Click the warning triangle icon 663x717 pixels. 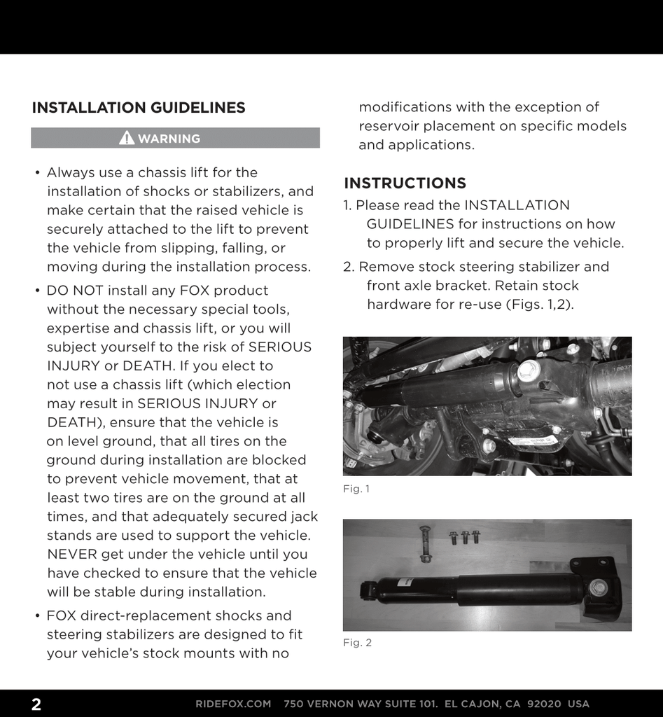127,138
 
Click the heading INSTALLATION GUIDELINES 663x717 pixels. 139,108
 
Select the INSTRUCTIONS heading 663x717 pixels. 405,183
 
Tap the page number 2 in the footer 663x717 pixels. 36,704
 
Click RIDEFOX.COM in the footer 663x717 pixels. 233,704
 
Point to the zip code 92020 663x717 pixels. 544,704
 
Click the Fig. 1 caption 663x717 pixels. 356,489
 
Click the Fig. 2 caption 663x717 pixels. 357,642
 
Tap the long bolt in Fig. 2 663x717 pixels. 425,543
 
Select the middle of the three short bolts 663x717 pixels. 465,537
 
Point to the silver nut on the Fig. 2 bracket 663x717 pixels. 597,587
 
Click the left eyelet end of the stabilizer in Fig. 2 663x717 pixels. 368,590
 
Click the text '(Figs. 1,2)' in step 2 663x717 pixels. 539,305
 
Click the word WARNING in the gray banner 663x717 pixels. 169,139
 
